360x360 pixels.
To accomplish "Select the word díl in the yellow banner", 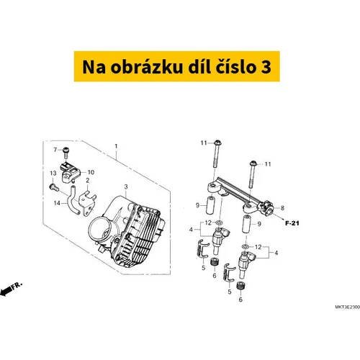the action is click(198, 67).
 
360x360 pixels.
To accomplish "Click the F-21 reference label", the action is click(292, 223).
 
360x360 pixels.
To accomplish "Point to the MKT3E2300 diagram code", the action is click(348, 307).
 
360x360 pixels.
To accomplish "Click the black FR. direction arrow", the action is click(6, 291).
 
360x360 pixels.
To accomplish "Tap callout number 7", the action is click(55, 150).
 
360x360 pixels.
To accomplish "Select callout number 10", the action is click(91, 172).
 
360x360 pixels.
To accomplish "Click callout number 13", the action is click(53, 173).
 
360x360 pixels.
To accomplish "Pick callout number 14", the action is click(57, 203).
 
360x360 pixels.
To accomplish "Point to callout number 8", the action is click(282, 208).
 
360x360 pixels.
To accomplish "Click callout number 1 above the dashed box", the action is click(116, 146).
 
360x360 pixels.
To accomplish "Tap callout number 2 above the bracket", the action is click(88, 180).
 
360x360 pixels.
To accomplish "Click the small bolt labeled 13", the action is click(54, 187).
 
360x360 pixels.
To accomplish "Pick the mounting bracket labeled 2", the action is click(87, 203).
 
